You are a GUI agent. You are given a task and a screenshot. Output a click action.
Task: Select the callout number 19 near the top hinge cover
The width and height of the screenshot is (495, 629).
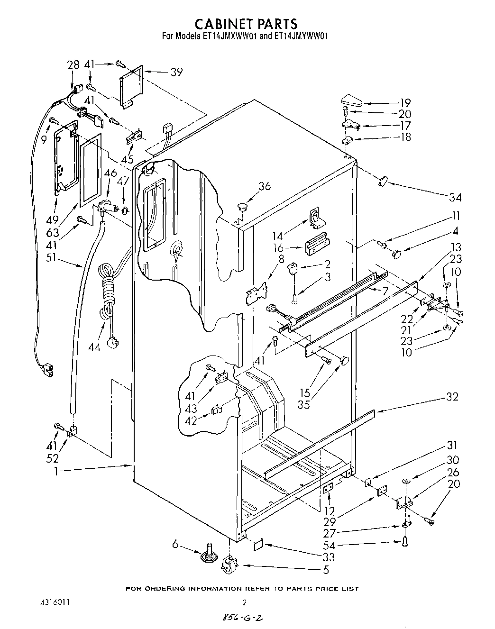click(x=404, y=102)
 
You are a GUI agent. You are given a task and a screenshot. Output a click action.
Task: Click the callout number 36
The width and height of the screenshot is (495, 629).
click(x=264, y=186)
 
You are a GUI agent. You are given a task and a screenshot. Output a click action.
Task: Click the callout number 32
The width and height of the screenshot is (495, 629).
click(x=452, y=397)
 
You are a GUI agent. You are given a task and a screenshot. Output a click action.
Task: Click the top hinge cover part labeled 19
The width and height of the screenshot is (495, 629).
click(x=351, y=101)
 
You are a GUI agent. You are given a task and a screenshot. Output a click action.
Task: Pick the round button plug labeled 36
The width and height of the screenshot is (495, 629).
click(x=243, y=207)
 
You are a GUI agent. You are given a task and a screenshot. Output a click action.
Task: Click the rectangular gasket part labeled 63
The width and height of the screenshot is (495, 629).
click(x=90, y=169)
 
